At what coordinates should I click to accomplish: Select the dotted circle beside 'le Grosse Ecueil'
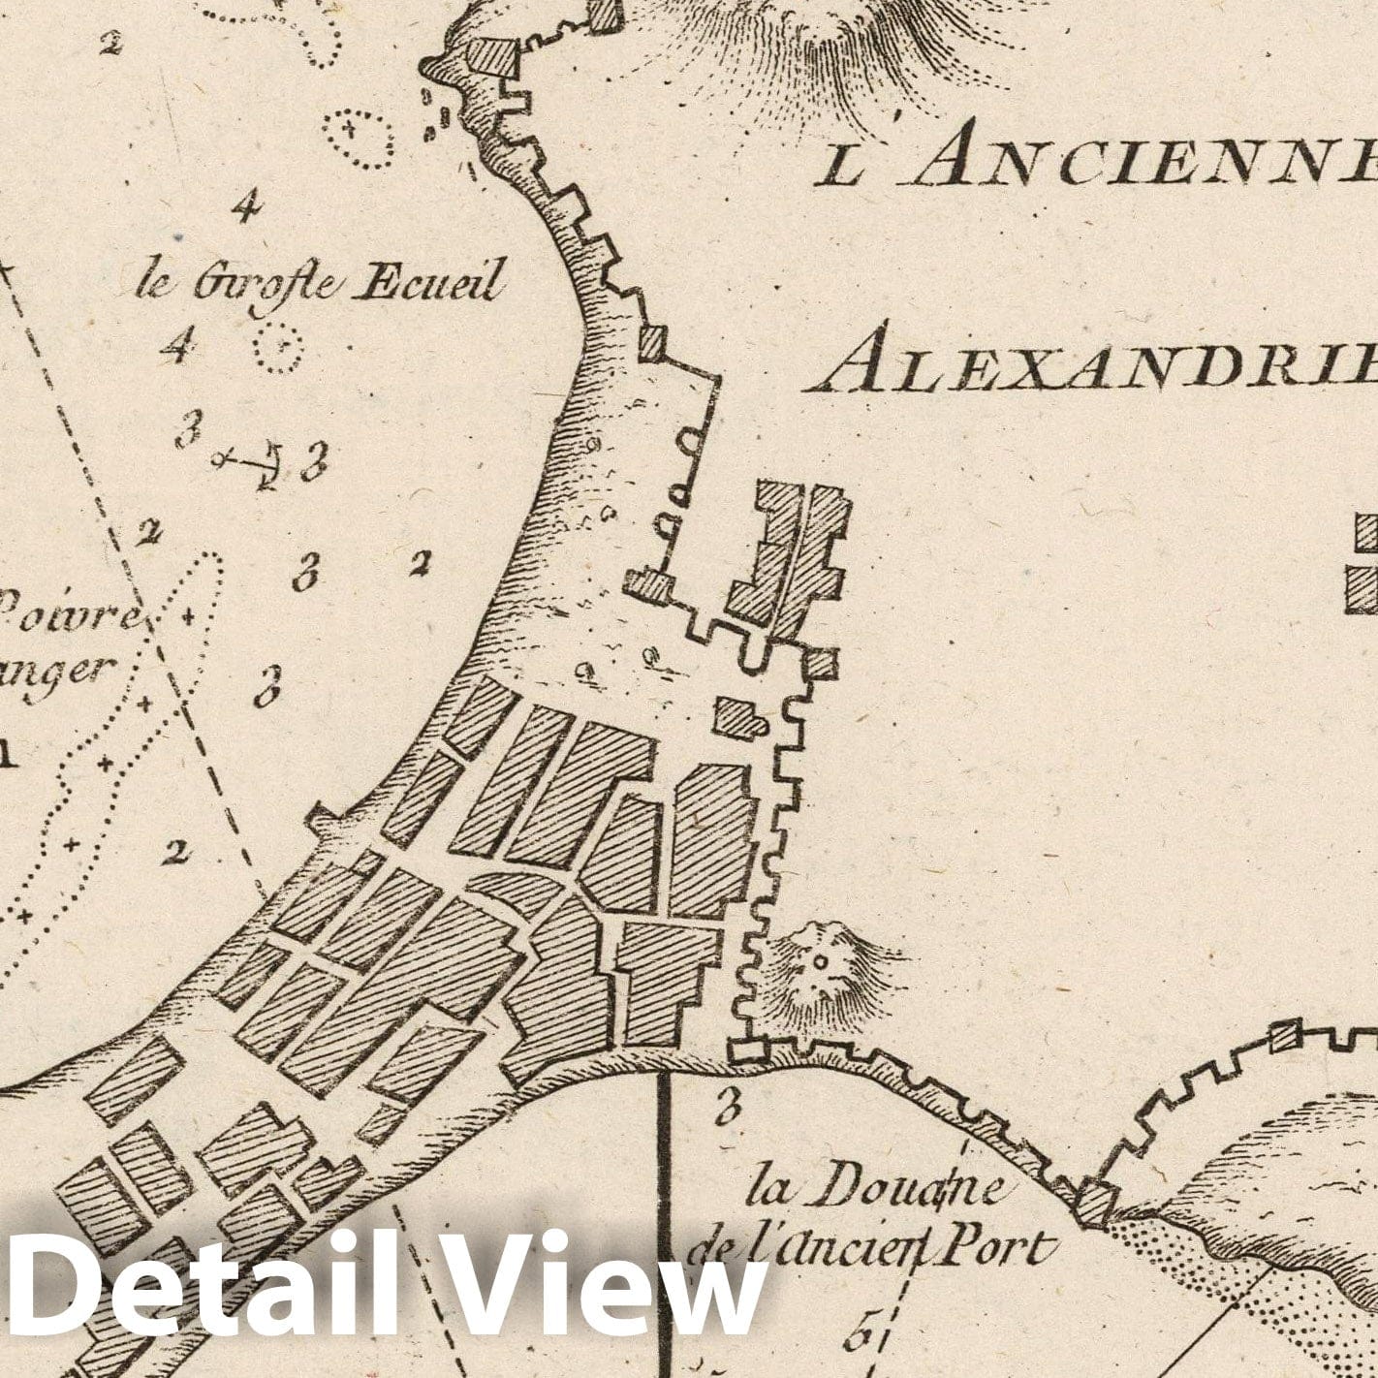[276, 347]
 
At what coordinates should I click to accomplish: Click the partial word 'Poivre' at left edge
[68, 612]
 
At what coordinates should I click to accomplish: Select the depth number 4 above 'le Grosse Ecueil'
[247, 205]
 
